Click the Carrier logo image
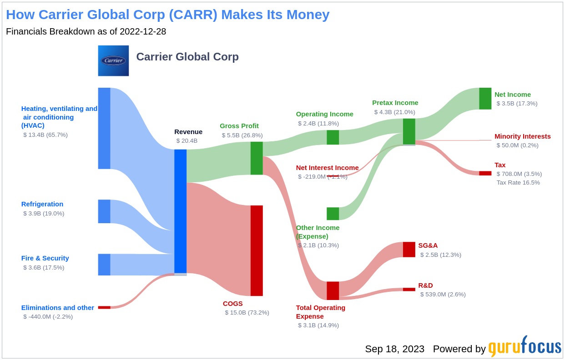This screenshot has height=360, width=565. pos(113,60)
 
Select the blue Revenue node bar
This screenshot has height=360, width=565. pos(180,211)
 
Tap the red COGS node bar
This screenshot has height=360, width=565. pos(257,250)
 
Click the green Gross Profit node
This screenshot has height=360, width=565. pos(257,158)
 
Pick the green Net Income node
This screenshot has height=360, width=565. pos(485,99)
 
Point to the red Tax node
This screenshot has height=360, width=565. pos(485,173)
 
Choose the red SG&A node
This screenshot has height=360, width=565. pos(409,250)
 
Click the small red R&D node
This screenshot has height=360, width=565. pos(409,290)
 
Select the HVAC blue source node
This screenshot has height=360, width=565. pos(104,128)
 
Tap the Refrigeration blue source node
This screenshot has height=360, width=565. pos(104,211)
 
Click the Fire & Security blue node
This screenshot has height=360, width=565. pos(104,265)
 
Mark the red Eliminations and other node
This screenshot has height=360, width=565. pos(104,308)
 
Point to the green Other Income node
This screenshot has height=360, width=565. pos(333,214)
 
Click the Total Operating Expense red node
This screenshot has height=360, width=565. pos(333,291)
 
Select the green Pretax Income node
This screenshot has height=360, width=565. pos(409,131)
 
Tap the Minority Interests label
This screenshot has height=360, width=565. pos(522,136)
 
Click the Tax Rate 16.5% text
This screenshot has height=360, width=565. pos(518,183)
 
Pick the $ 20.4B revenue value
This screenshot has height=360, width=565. pos(187,141)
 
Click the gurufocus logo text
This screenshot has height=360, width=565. pos(525,347)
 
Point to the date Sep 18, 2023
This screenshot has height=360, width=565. pos(394,349)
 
